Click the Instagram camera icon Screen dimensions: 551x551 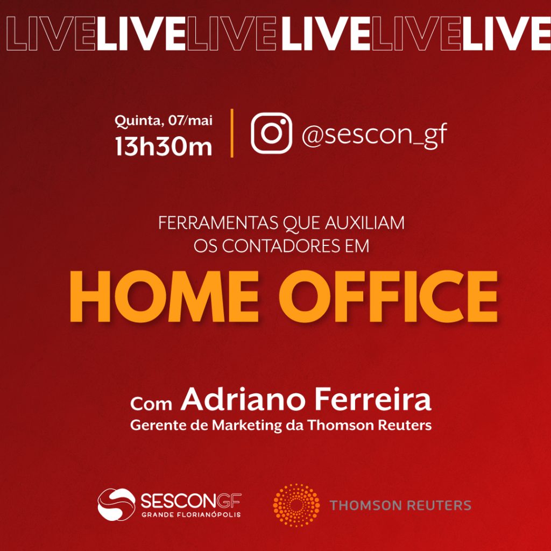pos(271,133)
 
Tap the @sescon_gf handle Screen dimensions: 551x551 pos(375,135)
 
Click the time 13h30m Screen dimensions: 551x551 pos(164,146)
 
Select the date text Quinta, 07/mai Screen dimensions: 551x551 pos(164,121)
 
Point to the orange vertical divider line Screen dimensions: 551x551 pos(232,133)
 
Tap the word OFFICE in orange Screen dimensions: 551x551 pos(388,297)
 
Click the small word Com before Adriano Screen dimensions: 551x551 pos(151,404)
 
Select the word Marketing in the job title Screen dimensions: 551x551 pos(246,426)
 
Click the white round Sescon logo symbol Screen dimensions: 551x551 pos(116,504)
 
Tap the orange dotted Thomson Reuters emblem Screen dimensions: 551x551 pos(296,505)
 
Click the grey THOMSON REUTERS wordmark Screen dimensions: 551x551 pos(400,505)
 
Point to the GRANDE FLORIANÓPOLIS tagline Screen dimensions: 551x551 pos(191,515)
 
